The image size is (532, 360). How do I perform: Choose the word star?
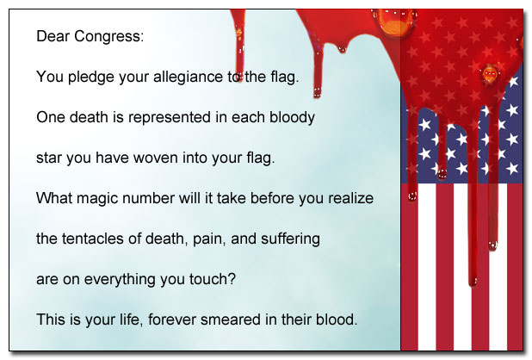49,158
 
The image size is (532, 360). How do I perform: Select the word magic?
97,198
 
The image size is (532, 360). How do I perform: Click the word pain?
199,239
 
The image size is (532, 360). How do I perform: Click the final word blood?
336,320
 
